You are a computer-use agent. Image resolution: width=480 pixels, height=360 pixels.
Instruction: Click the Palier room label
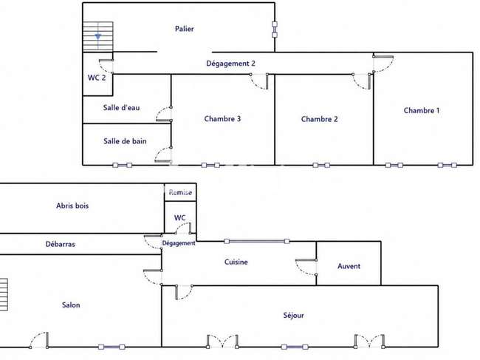point(185,29)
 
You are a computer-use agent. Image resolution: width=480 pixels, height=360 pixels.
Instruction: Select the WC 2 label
point(97,78)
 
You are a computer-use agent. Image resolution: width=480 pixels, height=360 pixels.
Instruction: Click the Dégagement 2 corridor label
point(230,64)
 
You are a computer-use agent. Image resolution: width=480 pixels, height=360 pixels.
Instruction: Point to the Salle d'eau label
point(122,107)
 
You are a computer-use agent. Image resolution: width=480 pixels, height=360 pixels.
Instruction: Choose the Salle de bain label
point(125,141)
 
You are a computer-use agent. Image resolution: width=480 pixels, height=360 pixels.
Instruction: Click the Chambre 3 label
point(222,118)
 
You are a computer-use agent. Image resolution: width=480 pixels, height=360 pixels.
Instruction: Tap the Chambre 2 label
point(319,119)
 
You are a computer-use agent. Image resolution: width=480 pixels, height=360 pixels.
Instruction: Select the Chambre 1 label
point(422,111)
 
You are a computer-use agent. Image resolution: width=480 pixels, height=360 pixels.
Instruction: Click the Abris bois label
point(72,206)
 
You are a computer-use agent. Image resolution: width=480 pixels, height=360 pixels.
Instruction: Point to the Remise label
point(180,192)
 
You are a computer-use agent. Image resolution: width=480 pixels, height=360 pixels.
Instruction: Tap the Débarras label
point(61,244)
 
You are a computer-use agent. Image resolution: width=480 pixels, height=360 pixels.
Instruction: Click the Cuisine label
point(236,262)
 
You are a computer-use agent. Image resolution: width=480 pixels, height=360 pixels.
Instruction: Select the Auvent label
point(349,266)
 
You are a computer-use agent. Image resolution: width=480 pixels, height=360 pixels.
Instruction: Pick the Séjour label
point(294,315)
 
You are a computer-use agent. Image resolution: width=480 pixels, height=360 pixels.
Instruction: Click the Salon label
point(71,305)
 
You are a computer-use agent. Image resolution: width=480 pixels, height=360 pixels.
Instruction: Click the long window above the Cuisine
point(256,242)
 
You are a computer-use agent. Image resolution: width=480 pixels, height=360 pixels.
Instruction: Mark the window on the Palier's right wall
point(275,30)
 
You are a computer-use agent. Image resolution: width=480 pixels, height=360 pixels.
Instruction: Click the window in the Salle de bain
point(123,165)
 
